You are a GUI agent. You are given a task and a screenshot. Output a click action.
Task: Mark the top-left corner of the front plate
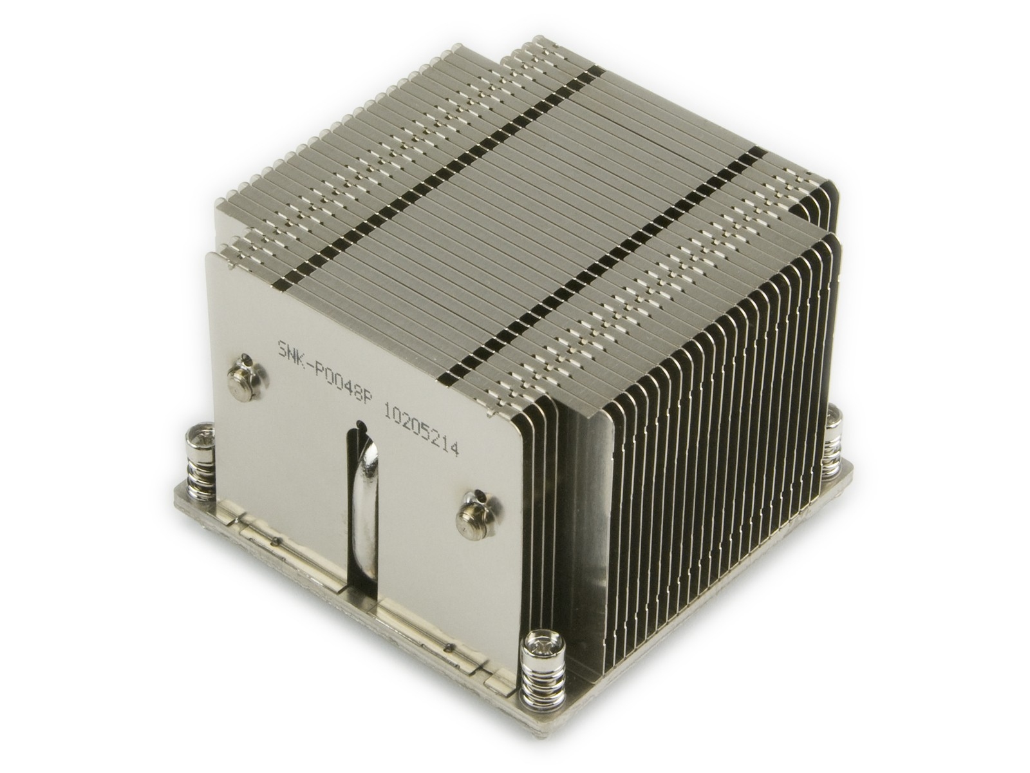pos(207,254)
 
